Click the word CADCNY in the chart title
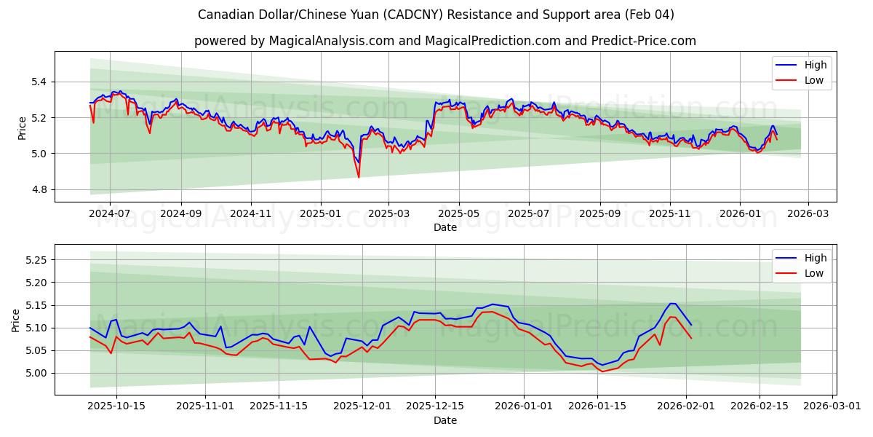[x=399, y=15]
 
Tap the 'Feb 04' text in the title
[x=652, y=15]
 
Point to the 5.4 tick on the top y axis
[x=37, y=82]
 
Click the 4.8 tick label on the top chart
[x=37, y=189]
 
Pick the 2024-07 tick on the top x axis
[x=110, y=213]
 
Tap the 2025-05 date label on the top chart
[x=458, y=213]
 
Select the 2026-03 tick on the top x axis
[x=808, y=213]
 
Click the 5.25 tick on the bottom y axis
[x=33, y=260]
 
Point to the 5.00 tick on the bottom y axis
[x=33, y=373]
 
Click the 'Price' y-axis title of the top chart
[x=22, y=127]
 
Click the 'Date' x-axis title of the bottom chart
[x=445, y=420]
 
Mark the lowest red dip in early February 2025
[x=358, y=177]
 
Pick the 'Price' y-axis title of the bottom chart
[x=16, y=320]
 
